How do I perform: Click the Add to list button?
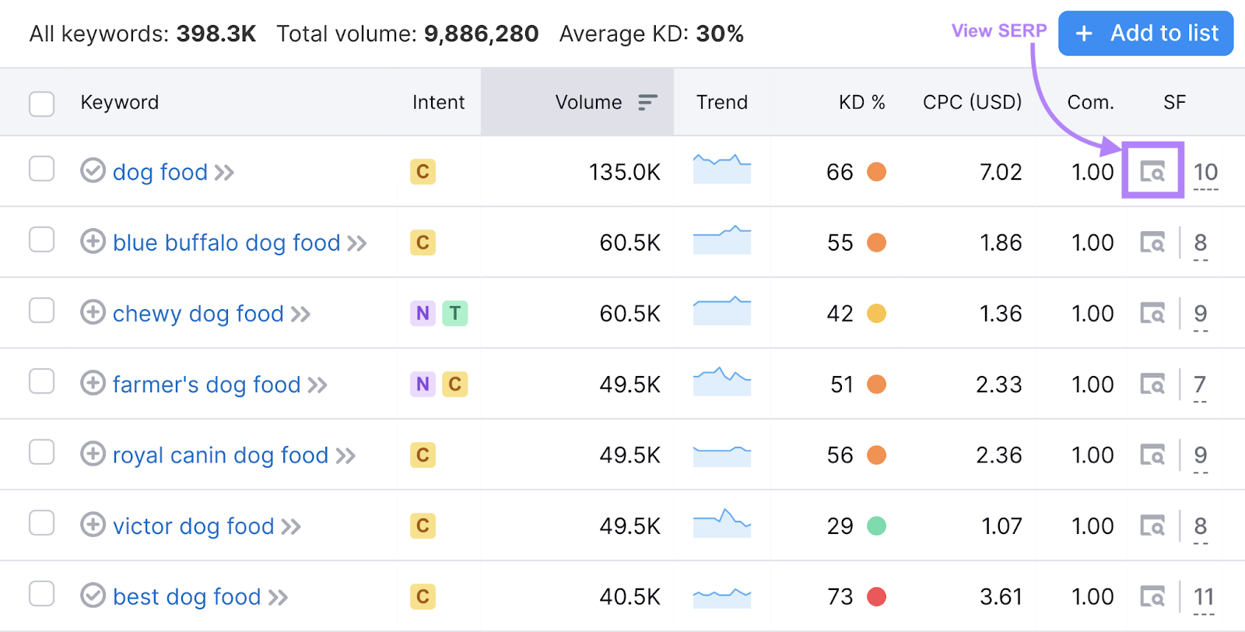tap(1145, 33)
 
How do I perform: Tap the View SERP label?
tap(998, 31)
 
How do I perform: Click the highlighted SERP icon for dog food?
tap(1152, 171)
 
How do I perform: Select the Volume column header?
tap(588, 103)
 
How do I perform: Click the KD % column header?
tap(861, 103)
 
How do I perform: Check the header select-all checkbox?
tap(41, 104)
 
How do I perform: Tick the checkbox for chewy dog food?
tap(41, 311)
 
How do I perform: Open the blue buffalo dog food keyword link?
tap(226, 243)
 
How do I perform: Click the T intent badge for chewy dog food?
tap(455, 314)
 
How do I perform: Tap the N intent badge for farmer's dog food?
tap(423, 384)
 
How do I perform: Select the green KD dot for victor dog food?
tap(876, 526)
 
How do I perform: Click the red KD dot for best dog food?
tap(876, 597)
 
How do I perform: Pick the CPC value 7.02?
tap(1000, 172)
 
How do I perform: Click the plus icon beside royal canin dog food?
tap(93, 454)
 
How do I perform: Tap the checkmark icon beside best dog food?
tap(93, 595)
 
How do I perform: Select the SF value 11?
tap(1203, 597)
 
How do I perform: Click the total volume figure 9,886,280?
tap(481, 34)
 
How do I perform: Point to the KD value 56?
tap(840, 455)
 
